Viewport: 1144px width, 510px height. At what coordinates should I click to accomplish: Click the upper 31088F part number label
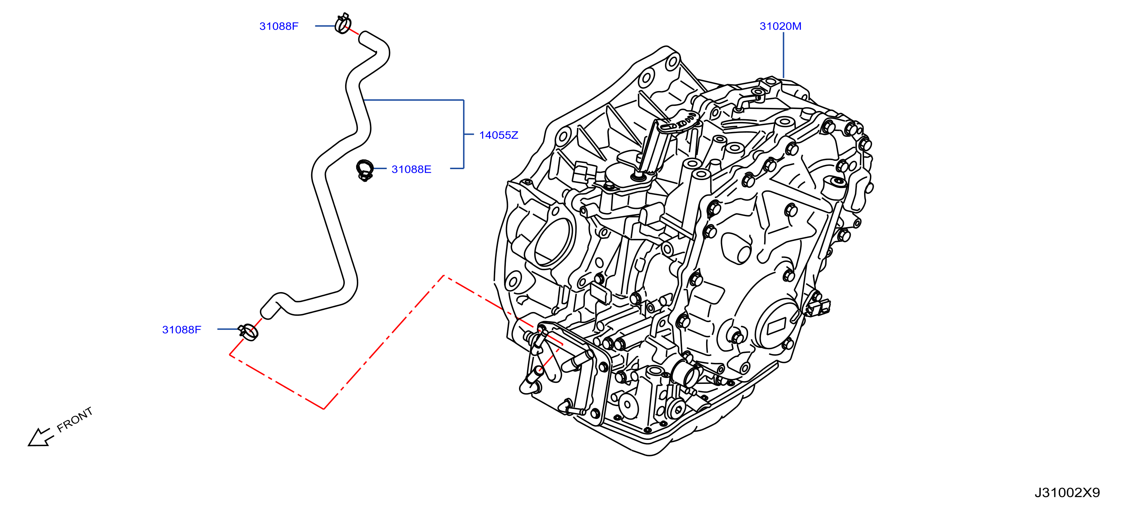coord(279,26)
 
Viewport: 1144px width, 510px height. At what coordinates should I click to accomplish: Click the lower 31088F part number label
coord(181,330)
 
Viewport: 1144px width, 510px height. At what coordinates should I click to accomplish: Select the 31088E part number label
coord(411,169)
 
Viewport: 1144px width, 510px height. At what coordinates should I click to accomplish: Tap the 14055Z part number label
coord(498,135)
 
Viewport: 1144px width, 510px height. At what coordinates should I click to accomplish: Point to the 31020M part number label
coord(780,26)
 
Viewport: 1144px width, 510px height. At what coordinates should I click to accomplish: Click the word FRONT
coord(75,419)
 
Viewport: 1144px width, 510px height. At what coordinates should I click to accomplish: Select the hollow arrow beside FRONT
coord(40,437)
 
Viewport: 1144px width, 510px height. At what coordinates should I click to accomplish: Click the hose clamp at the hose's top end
coord(343,23)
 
